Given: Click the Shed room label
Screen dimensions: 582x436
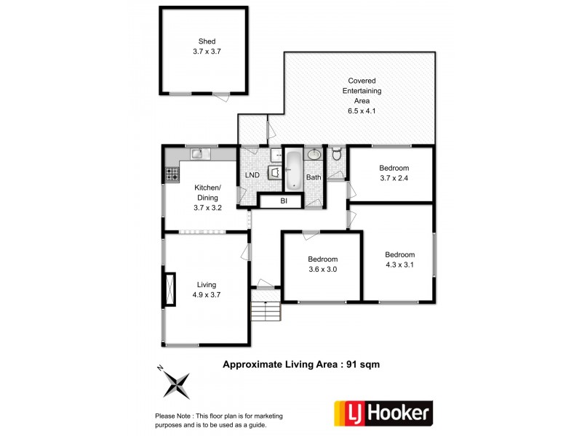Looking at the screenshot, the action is (x=207, y=41).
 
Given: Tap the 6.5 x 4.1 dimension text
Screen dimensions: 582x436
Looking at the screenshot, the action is (x=362, y=111).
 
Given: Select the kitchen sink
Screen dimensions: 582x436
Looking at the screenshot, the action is (x=201, y=153).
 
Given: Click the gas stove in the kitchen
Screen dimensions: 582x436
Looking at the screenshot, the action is (x=172, y=174).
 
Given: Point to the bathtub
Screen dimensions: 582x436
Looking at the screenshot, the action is (x=294, y=170).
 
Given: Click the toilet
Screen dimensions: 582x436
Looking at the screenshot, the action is (x=337, y=153).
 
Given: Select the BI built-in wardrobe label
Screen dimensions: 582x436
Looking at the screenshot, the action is (x=284, y=201).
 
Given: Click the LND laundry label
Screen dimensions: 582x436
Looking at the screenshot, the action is (x=252, y=175).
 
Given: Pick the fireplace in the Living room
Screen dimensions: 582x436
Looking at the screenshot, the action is (x=170, y=289).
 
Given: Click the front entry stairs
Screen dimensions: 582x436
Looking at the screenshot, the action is (x=266, y=311).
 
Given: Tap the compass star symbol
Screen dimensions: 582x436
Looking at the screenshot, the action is (x=176, y=385).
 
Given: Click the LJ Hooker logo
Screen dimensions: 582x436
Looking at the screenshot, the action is (x=383, y=413).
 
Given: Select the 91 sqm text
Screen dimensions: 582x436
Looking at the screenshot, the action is (x=363, y=365).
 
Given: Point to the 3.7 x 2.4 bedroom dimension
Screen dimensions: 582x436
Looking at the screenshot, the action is (x=394, y=178).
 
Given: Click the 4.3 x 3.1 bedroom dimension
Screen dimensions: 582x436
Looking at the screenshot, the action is (x=399, y=265).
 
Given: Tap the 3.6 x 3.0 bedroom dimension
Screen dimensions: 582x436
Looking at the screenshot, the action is (x=322, y=270).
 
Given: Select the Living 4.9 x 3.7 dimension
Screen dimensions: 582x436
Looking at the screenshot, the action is (x=207, y=295).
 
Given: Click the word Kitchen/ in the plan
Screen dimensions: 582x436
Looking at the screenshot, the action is (x=207, y=187).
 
